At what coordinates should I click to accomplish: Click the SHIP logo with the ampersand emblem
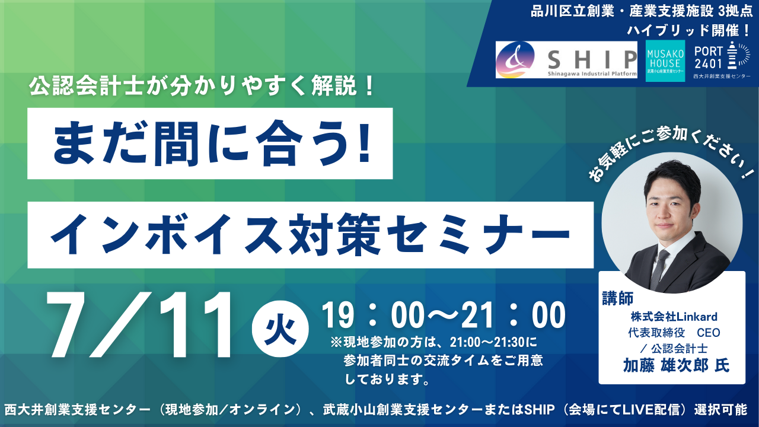566,60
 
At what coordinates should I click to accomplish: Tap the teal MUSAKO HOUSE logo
665,61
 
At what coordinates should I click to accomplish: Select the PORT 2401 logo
722,60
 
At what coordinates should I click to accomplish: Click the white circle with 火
280,329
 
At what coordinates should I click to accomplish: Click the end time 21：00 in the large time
514,316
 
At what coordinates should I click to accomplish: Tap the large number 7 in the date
72,325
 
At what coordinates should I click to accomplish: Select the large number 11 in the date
196,325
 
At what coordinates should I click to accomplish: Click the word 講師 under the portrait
618,298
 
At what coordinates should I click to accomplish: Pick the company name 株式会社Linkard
674,317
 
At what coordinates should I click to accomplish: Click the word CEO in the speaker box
709,333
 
